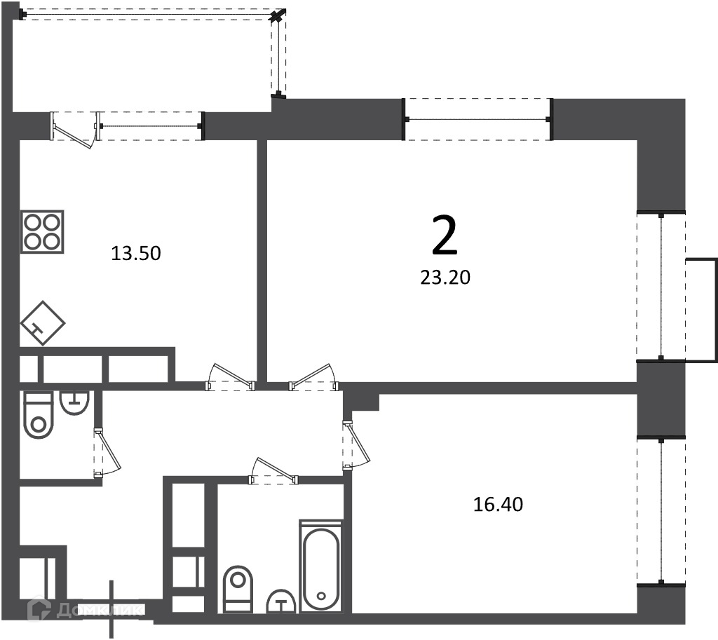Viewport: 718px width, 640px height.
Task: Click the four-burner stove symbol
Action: pos(42,231)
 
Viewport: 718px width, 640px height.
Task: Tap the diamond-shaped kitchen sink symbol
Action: pos(43,322)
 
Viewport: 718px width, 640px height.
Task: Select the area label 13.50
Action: pos(136,253)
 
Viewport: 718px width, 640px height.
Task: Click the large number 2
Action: pos(445,236)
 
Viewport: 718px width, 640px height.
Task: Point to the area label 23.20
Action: pos(445,278)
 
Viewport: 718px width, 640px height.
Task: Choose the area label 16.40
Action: pos(498,505)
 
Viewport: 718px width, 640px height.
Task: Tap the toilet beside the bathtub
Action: pos(238,590)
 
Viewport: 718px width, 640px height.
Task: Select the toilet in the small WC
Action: pos(39,415)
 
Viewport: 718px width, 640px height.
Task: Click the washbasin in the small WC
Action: pos(74,403)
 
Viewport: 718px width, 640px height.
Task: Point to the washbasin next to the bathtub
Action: pos(281,601)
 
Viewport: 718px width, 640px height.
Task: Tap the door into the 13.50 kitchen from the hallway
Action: pos(230,376)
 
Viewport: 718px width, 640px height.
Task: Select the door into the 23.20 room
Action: pos(315,376)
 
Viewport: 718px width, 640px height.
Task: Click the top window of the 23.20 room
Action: pos(477,119)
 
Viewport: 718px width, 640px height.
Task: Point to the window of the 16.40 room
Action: pos(661,510)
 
